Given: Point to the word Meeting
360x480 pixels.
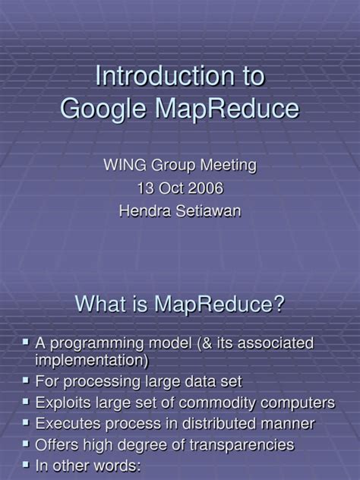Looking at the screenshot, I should pyautogui.click(x=229, y=164).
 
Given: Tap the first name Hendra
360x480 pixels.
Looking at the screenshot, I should pyautogui.click(x=144, y=211).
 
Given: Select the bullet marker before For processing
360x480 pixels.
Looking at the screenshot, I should pyautogui.click(x=27, y=380).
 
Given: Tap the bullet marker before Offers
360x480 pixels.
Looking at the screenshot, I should pyautogui.click(x=27, y=444).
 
